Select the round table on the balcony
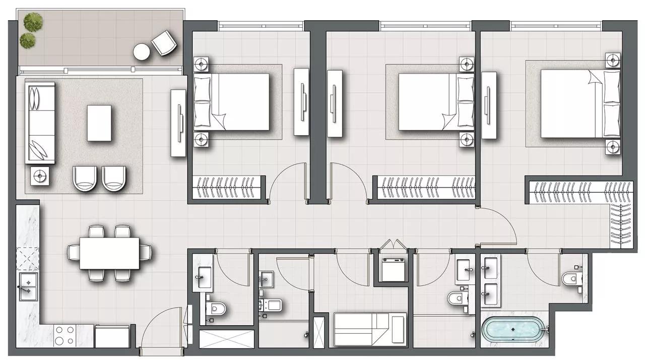(x=142, y=51)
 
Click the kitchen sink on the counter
(x=28, y=286)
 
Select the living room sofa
(x=40, y=123)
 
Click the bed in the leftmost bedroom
(x=232, y=101)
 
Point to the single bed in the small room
(x=369, y=330)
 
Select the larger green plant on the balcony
(x=33, y=21)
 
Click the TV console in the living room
(x=178, y=123)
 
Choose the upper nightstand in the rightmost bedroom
(x=612, y=61)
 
